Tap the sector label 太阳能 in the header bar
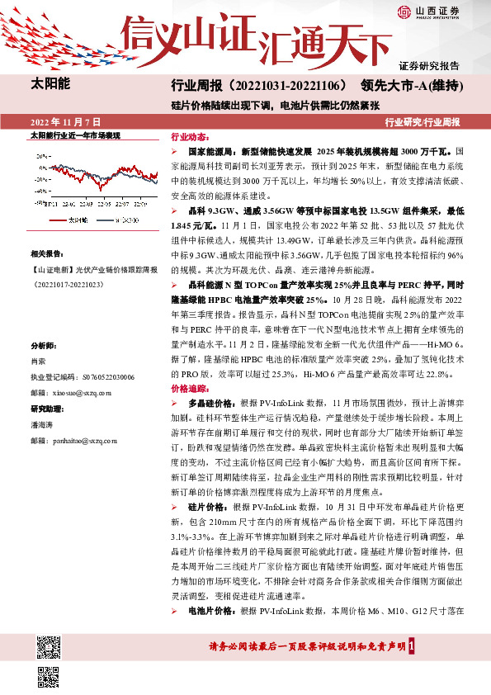coord(50,85)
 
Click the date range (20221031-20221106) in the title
coord(288,86)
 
